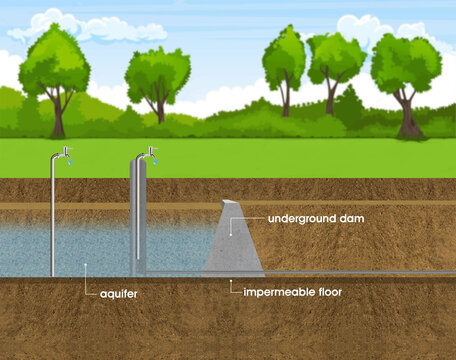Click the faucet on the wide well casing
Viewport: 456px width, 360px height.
coord(149,153)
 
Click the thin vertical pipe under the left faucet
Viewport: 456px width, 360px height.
coord(52,220)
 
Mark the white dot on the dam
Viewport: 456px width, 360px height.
coord(233,219)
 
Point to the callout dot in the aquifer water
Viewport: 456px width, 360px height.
coord(88,267)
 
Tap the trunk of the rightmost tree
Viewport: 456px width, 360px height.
coord(407,118)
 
